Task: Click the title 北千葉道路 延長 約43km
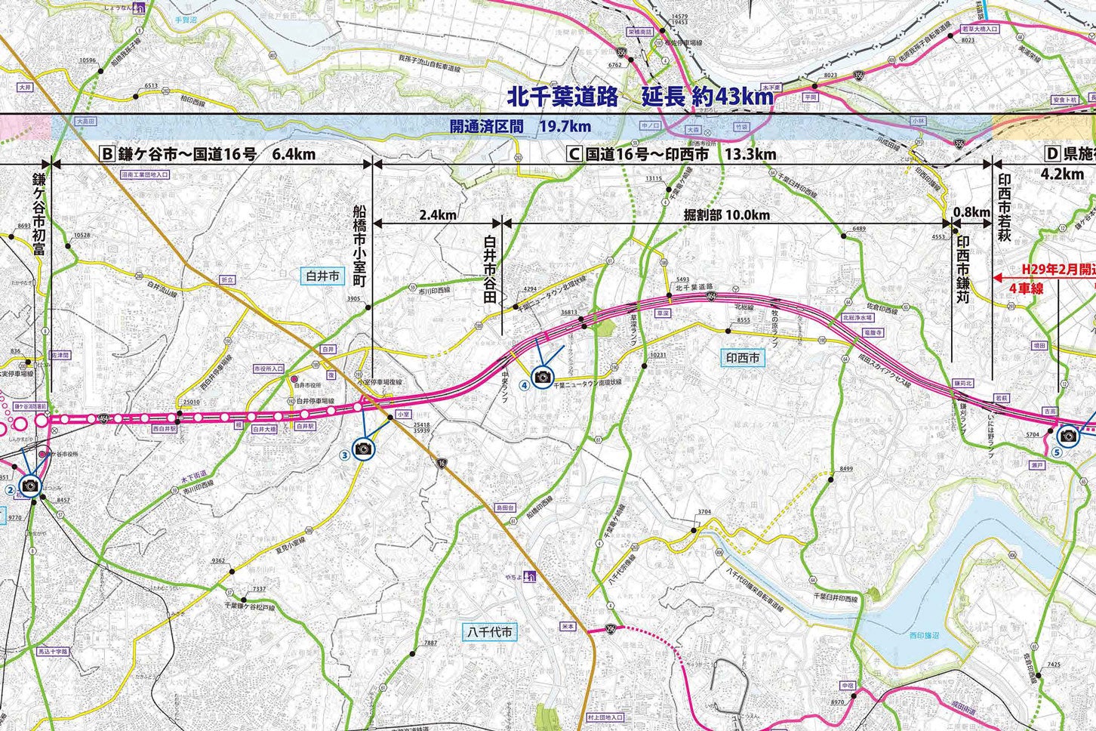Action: pyautogui.click(x=639, y=96)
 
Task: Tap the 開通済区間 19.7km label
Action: pyautogui.click(x=520, y=127)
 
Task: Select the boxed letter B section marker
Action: pyautogui.click(x=106, y=154)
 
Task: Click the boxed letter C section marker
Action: pyautogui.click(x=574, y=154)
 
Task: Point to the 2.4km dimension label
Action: pyautogui.click(x=437, y=214)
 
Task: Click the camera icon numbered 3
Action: pyautogui.click(x=363, y=449)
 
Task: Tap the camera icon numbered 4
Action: pyautogui.click(x=541, y=376)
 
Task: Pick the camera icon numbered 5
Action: pyautogui.click(x=1067, y=435)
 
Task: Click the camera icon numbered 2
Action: pyautogui.click(x=30, y=485)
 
